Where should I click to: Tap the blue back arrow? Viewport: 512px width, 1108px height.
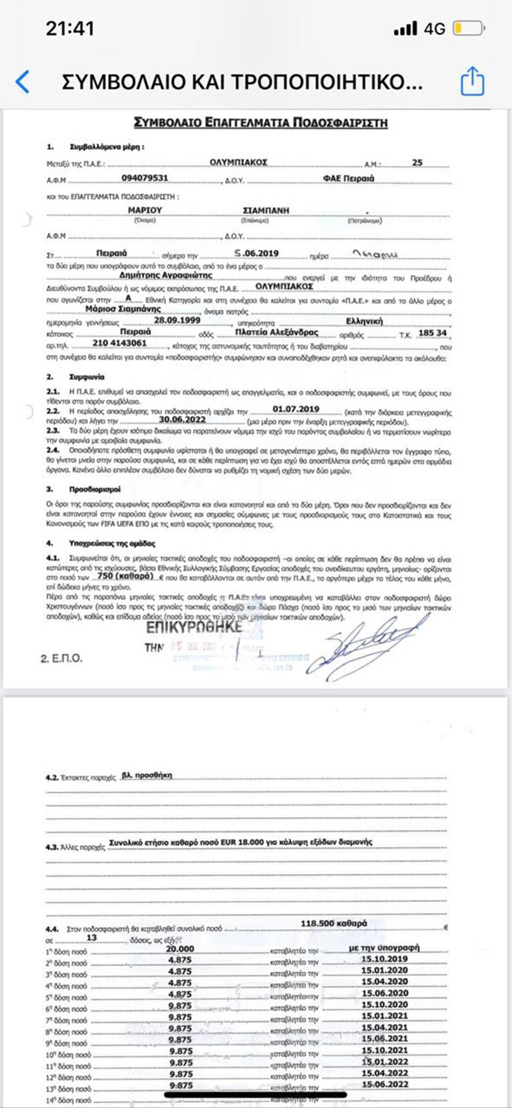23,81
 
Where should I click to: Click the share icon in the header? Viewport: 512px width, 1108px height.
473,80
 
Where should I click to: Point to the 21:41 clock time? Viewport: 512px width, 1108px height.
70,29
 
